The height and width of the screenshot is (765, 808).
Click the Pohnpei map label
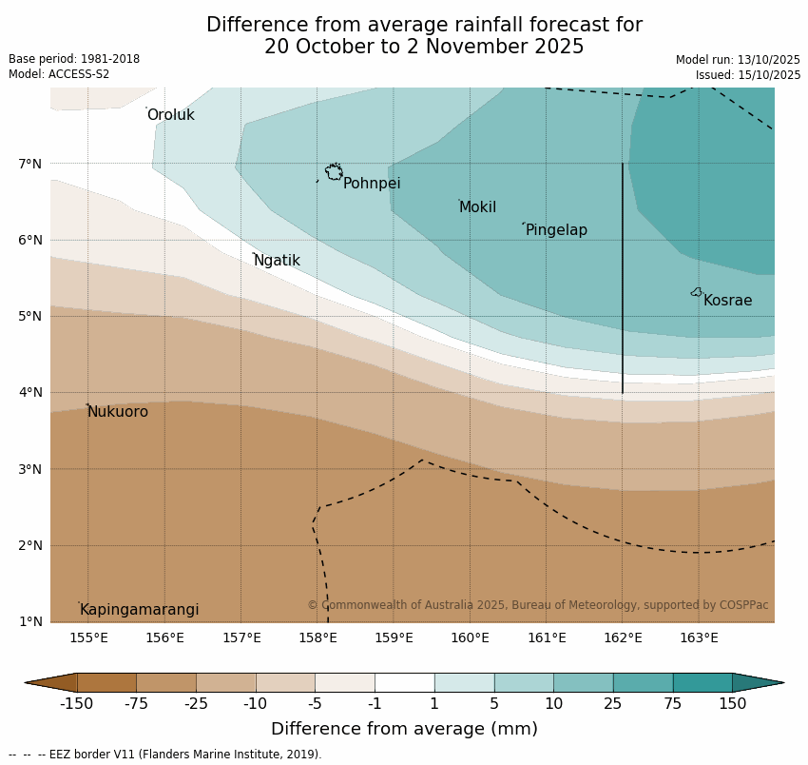tap(372, 184)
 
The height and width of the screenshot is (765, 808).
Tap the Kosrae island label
tap(727, 301)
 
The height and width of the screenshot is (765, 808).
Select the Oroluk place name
tap(170, 115)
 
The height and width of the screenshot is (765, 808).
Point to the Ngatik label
tap(277, 261)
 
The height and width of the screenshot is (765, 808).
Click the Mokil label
tap(477, 207)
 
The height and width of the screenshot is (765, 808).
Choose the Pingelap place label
tap(556, 230)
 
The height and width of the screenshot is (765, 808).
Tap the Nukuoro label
tap(118, 412)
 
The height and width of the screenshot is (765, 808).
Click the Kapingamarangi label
tap(139, 610)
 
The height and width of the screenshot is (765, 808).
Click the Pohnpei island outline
tap(334, 172)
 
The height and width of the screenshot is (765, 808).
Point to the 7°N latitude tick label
tap(30, 164)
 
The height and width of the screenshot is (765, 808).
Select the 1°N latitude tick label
tap(30, 621)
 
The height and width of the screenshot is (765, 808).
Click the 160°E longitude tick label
tap(470, 637)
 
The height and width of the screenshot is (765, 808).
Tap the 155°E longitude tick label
tap(88, 637)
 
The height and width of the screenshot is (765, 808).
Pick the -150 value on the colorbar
tap(76, 704)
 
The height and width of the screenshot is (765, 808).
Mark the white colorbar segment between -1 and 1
tap(404, 682)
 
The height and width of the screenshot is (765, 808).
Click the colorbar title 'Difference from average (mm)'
tap(404, 730)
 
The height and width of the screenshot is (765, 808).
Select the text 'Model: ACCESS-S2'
tap(59, 74)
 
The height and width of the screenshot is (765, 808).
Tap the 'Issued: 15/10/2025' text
tap(747, 75)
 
